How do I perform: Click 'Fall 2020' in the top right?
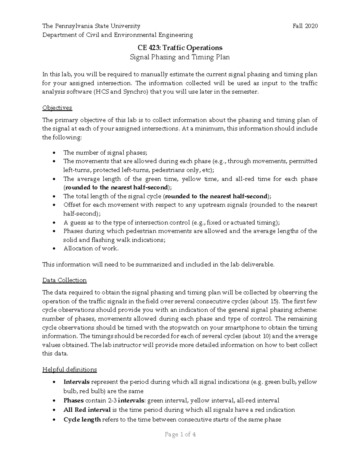305,26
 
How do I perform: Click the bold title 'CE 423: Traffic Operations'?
180,48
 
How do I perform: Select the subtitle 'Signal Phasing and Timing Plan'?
180,57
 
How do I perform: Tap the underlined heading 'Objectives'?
57,108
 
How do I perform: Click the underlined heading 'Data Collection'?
64,280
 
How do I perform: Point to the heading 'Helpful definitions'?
69,369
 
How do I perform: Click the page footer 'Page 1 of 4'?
180,434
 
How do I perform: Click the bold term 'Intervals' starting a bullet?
76,382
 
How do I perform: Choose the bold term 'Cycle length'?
82,419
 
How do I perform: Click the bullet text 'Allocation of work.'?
91,248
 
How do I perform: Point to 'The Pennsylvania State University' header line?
91,26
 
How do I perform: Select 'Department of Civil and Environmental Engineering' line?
118,35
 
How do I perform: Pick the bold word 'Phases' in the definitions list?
73,401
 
